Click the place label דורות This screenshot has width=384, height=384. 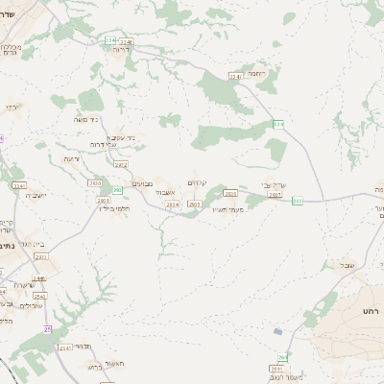pos(119,50)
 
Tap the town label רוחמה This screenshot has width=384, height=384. pos(255,73)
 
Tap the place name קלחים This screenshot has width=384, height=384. pos(198,182)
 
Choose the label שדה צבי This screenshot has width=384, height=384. pos(275,184)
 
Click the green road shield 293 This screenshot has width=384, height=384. pos(298,201)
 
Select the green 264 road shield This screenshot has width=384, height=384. pos(282,357)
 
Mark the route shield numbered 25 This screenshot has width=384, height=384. pos(48,329)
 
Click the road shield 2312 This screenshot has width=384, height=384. pos(120,165)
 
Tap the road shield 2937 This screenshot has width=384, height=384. pos(275,195)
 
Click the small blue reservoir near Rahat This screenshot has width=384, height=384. pos(278,331)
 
